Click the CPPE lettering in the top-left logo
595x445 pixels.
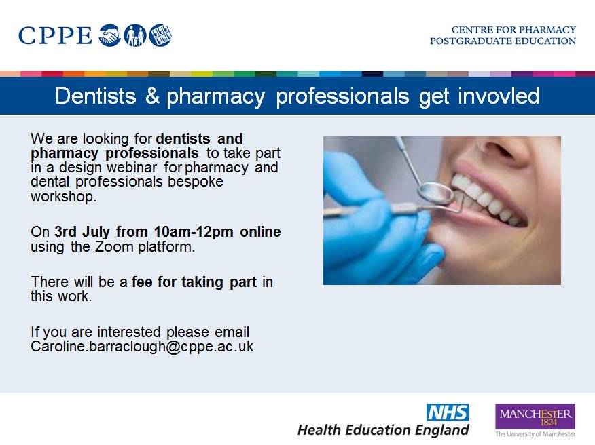55,35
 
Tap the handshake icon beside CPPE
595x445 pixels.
109,35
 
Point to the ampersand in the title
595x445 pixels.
151,96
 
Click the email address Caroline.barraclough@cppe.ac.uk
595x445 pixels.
142,347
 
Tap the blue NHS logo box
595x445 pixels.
448,412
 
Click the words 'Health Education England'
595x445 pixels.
383,430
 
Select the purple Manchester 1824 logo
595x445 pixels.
535,416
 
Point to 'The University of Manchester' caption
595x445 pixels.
535,434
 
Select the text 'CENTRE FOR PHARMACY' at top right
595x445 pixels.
513,30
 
